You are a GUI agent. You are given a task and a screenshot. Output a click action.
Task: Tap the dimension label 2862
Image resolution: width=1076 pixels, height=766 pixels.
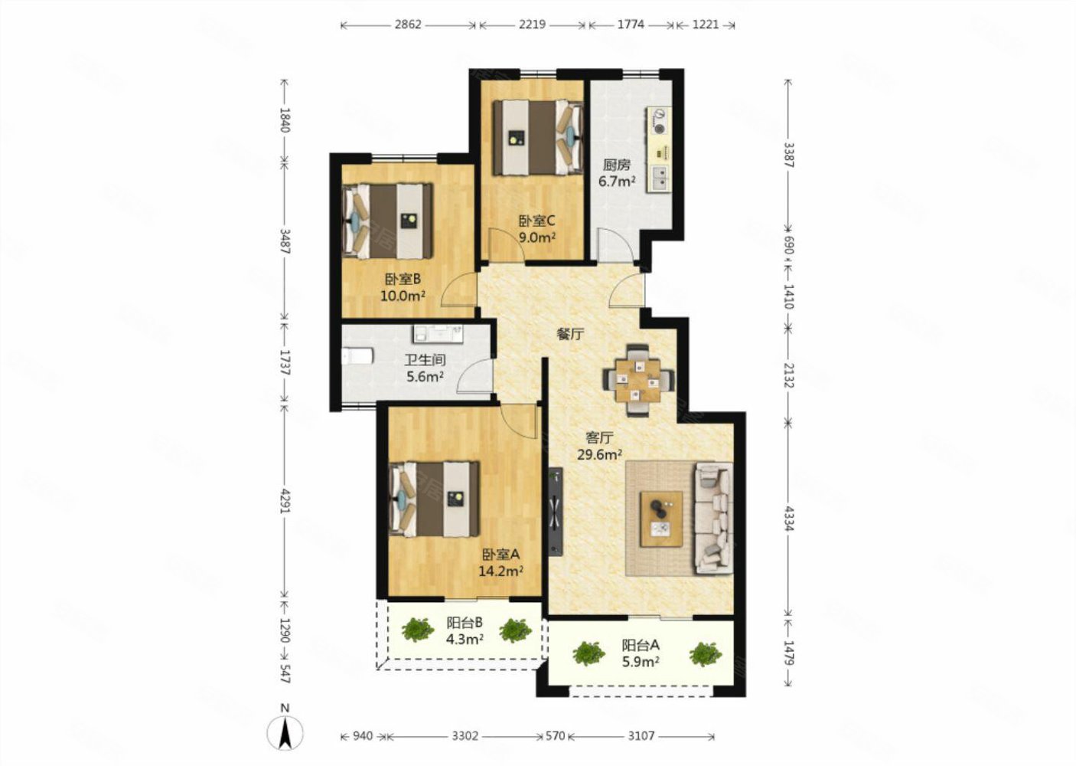pyautogui.click(x=408, y=25)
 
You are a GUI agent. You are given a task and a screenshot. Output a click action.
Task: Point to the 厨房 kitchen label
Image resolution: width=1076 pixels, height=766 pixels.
pyautogui.click(x=616, y=165)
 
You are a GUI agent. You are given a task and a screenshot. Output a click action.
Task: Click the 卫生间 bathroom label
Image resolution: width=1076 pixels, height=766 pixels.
pyautogui.click(x=425, y=360)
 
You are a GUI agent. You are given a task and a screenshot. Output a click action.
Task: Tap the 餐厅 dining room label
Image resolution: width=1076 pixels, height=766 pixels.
pyautogui.click(x=570, y=334)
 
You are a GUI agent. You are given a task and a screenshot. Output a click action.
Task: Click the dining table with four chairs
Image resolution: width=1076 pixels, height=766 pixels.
pyautogui.click(x=639, y=380)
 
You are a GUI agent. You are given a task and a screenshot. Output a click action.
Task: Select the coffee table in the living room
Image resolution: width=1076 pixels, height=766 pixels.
pyautogui.click(x=661, y=519)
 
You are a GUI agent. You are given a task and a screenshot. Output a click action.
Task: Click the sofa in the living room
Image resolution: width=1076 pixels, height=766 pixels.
pyautogui.click(x=714, y=518)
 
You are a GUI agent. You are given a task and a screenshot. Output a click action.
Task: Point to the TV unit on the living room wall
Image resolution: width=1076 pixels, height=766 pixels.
pyautogui.click(x=556, y=512)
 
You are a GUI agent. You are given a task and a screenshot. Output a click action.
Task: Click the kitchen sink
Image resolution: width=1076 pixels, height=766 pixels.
pyautogui.click(x=660, y=178)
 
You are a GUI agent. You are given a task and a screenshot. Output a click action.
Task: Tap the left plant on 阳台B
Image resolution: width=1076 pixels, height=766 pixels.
pyautogui.click(x=418, y=630)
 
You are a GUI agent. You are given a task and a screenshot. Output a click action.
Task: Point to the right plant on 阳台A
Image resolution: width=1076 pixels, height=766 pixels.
pyautogui.click(x=706, y=654)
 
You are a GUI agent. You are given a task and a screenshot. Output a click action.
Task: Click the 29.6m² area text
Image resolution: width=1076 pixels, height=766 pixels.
pyautogui.click(x=600, y=454)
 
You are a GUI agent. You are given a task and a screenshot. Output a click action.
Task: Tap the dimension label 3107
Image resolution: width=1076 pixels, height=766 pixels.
pyautogui.click(x=641, y=735)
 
